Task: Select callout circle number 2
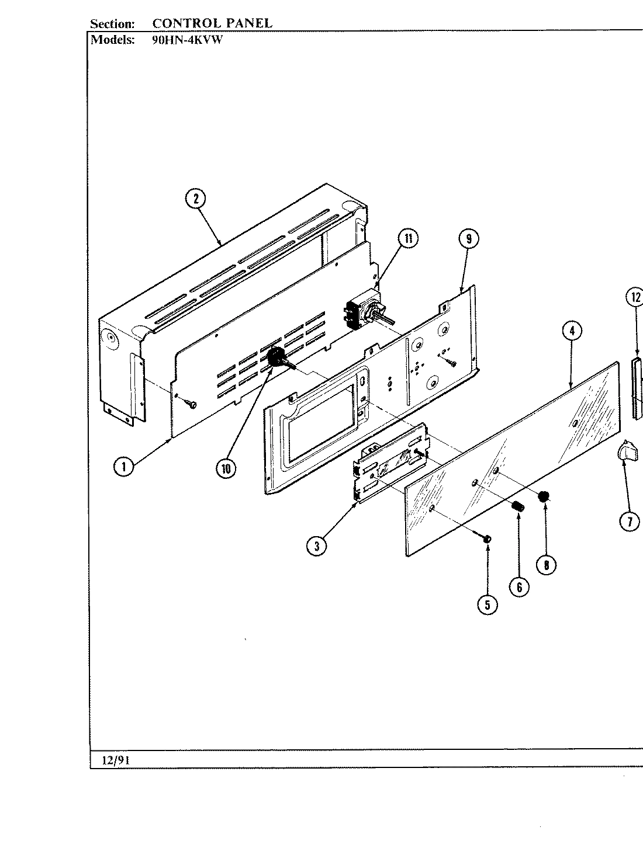[196, 199]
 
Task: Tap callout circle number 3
[316, 545]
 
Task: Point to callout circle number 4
[572, 331]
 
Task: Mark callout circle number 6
[519, 586]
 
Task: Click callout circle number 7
[630, 522]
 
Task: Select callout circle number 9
[468, 238]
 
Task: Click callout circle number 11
[408, 238]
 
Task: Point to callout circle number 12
[635, 297]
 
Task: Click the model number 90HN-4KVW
[187, 40]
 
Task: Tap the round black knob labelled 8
[543, 497]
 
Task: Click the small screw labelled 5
[486, 538]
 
